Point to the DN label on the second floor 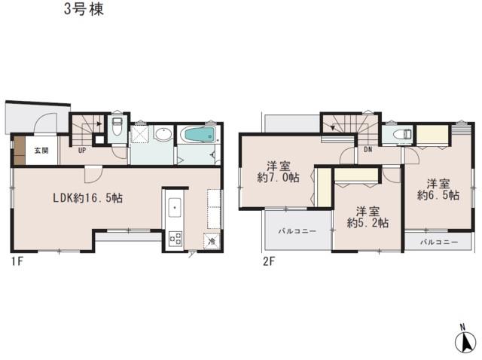click(367, 151)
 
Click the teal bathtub click(200, 136)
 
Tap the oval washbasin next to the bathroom click(163, 136)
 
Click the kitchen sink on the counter click(173, 206)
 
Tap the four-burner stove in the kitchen click(174, 239)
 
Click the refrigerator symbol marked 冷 click(212, 242)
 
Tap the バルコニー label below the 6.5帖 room click(438, 242)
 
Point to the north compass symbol click(466, 340)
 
